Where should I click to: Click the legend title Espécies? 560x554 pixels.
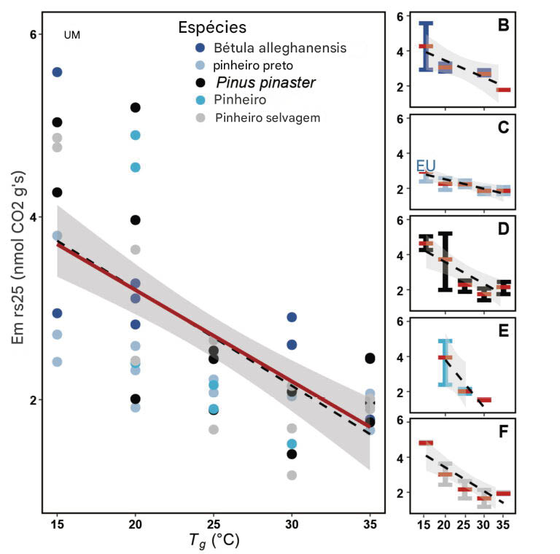(212, 28)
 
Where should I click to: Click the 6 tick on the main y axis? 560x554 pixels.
(32, 35)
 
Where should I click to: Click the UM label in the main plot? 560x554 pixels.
(72, 34)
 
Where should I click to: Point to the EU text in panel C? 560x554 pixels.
(426, 166)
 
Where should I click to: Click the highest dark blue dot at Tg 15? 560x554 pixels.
(58, 72)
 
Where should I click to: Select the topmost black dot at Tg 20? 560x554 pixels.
(135, 108)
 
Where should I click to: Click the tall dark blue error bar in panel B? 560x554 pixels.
(426, 47)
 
